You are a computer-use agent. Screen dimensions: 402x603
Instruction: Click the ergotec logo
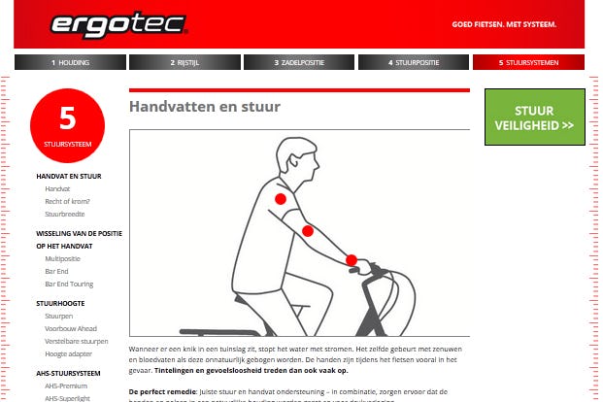pos(105,23)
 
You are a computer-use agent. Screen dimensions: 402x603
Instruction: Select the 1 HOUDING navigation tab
pos(70,62)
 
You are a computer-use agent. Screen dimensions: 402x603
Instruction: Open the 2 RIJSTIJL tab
pos(184,62)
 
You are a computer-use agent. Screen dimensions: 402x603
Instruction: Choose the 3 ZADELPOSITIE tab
pos(298,62)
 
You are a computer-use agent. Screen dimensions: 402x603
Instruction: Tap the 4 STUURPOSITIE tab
pos(414,62)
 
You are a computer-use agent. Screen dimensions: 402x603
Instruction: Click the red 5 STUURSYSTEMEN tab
pos(528,62)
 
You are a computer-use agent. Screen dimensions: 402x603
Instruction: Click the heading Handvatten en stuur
pos(205,107)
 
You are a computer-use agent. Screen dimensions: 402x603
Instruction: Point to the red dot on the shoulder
pos(281,199)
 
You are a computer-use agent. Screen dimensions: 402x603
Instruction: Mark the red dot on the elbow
pos(308,231)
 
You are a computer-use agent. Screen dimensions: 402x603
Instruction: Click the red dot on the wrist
pos(352,260)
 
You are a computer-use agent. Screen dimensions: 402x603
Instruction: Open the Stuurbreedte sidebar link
pos(65,214)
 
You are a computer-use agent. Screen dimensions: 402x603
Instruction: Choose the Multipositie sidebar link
pos(63,259)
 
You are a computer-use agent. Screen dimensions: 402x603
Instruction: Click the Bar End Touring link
pos(69,285)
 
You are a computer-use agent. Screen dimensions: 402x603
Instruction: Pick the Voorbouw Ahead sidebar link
pos(71,328)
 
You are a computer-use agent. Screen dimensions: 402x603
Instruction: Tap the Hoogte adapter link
pos(67,353)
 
